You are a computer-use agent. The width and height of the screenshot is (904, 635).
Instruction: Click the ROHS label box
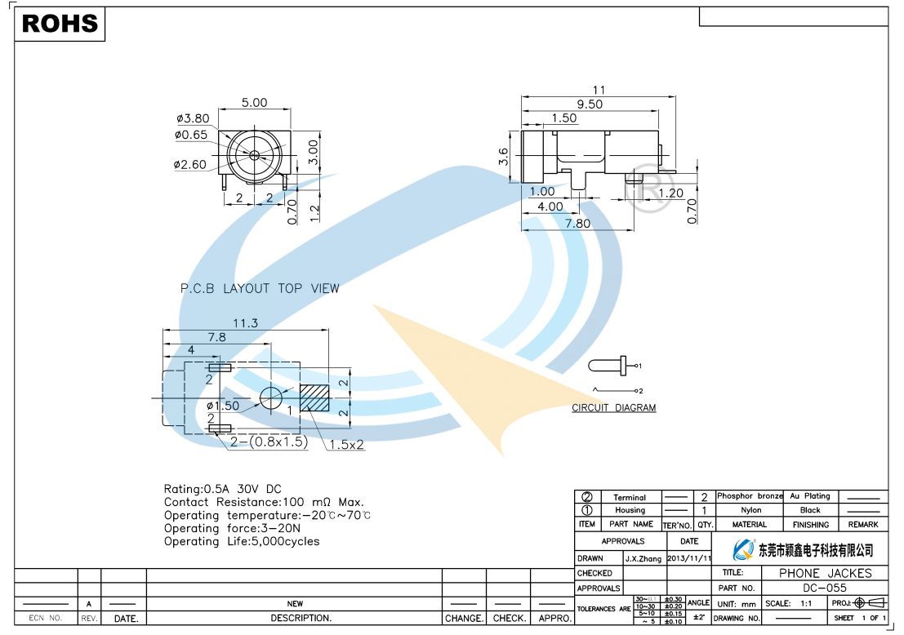(60, 24)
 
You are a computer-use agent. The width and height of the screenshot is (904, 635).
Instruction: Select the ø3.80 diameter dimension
(193, 118)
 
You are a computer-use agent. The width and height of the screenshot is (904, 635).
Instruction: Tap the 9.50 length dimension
(589, 104)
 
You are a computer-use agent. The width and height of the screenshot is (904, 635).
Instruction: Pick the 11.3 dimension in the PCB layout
(245, 324)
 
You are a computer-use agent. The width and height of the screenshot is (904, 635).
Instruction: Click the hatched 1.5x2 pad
(314, 397)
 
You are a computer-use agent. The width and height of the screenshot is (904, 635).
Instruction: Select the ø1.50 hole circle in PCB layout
(270, 397)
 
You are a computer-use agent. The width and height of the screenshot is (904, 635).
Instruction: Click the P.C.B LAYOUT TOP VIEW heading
(260, 288)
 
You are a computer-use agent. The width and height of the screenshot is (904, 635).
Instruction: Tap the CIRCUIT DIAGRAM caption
(613, 408)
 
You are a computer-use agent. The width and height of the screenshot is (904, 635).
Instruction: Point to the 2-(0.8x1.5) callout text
(268, 442)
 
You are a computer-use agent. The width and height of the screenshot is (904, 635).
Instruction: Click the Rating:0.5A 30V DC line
(222, 489)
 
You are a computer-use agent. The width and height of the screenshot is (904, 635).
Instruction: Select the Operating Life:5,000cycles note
(242, 541)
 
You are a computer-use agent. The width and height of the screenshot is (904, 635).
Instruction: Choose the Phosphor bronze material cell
(750, 496)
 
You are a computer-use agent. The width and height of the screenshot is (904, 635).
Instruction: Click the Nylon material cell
(750, 510)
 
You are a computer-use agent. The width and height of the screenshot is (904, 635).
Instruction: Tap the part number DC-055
(825, 588)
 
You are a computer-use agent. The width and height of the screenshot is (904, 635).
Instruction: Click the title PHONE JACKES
(825, 573)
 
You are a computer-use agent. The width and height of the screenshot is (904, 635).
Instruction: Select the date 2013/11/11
(689, 559)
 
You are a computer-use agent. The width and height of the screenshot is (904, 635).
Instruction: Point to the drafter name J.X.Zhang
(643, 559)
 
